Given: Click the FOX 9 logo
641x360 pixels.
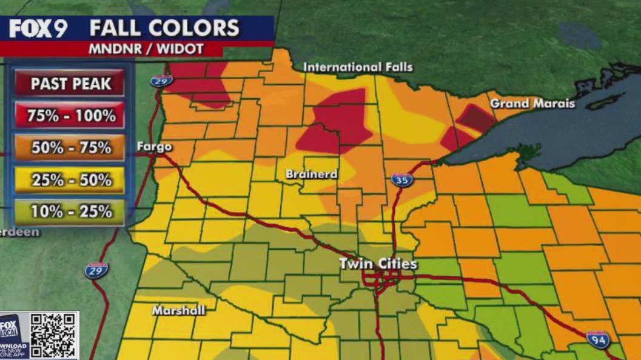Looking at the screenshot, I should click(38, 28).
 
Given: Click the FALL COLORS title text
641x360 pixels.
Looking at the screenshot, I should click(164, 28).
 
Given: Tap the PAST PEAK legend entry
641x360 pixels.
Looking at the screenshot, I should click(71, 84).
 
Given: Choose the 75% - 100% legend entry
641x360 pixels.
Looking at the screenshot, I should click(71, 115).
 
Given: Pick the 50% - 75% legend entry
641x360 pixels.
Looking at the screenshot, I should click(71, 147).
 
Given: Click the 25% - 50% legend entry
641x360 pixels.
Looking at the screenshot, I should click(71, 180).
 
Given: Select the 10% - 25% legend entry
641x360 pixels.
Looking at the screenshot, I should click(71, 212).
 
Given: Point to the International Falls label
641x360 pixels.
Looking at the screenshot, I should click(357, 67).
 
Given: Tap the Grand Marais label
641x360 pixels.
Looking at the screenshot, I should click(532, 104).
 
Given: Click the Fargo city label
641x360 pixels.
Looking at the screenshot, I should click(154, 147).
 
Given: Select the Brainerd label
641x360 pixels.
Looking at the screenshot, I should click(312, 175).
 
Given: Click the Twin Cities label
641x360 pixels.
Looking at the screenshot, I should click(378, 264).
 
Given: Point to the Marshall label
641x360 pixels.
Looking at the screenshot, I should click(178, 310).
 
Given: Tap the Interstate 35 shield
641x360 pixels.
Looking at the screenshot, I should click(401, 179).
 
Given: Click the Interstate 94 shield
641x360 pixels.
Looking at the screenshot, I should click(597, 339).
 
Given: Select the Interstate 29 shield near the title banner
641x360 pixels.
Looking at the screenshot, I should click(161, 80).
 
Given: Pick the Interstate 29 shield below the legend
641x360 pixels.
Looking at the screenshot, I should click(96, 270).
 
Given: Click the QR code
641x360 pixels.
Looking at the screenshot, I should click(54, 336).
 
